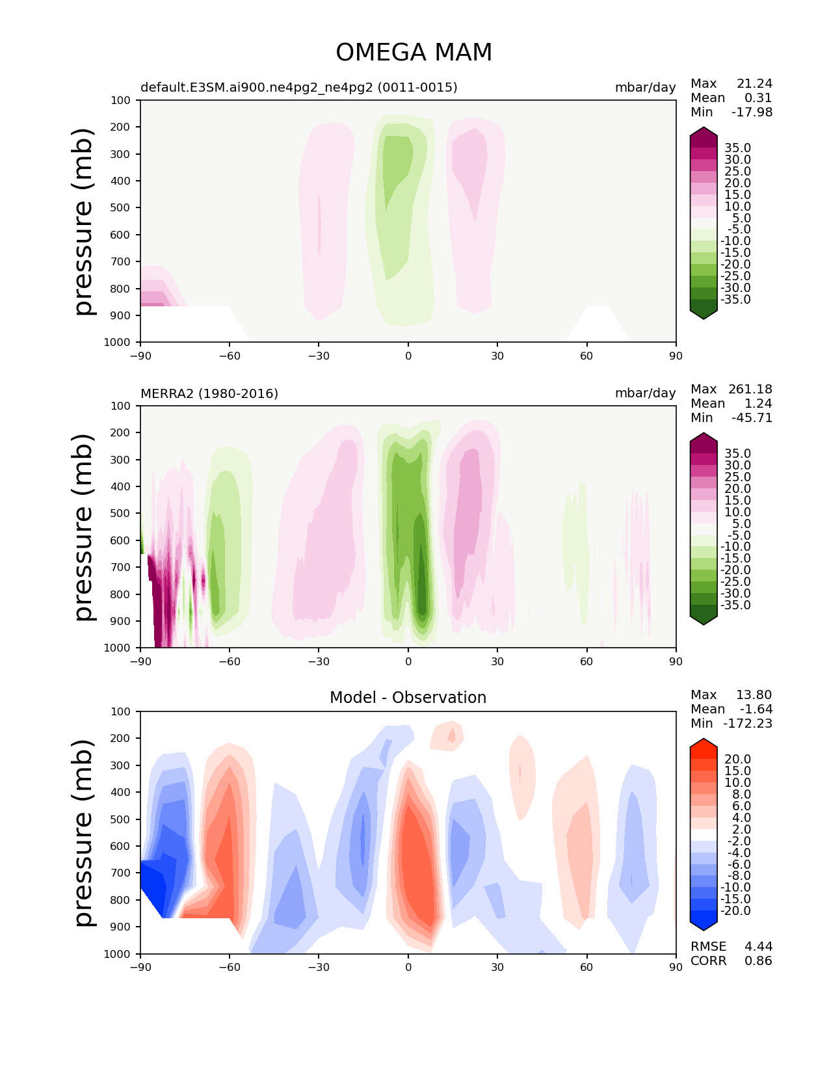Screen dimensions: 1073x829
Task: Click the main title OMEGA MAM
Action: coord(414,53)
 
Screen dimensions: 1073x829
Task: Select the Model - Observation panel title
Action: coord(408,698)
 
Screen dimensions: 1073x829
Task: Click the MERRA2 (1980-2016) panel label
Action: coord(209,393)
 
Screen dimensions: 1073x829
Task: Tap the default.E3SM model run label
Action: coord(298,87)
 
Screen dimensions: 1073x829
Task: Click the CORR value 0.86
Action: coord(758,960)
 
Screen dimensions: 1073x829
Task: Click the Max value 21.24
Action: coord(754,83)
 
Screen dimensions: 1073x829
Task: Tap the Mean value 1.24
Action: coord(758,403)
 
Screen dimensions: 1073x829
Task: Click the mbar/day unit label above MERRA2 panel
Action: coord(645,393)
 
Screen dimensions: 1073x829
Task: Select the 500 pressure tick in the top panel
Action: coord(120,207)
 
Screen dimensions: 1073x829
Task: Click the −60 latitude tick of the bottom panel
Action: coord(230,967)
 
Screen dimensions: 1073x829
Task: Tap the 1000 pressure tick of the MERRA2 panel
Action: coord(118,648)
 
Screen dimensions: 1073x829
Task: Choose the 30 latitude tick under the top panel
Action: coord(497,356)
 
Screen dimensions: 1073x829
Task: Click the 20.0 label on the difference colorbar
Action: coord(737,759)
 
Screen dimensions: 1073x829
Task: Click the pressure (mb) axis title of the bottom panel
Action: coord(84,832)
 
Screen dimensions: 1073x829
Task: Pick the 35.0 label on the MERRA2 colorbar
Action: coord(737,453)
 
